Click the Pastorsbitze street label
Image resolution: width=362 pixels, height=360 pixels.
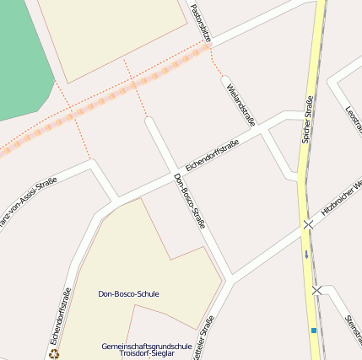pyautogui.click(x=201, y=23)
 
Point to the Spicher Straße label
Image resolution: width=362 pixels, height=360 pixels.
pyautogui.click(x=307, y=118)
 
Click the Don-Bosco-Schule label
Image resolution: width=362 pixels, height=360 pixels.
pyautogui.click(x=128, y=293)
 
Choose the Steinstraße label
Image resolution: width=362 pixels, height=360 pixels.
pyautogui.click(x=352, y=330)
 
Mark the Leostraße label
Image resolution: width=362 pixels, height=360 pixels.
pyautogui.click(x=354, y=119)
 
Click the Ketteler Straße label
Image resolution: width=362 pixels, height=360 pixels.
pyautogui.click(x=203, y=337)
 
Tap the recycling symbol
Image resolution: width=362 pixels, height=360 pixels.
pyautogui.click(x=55, y=354)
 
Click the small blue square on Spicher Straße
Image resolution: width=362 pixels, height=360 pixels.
pyautogui.click(x=313, y=330)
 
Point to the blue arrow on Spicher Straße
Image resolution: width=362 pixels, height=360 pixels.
pyautogui.click(x=307, y=253)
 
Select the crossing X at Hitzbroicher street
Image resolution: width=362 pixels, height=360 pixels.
pyautogui.click(x=309, y=224)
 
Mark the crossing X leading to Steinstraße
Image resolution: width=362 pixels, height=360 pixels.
pyautogui.click(x=316, y=290)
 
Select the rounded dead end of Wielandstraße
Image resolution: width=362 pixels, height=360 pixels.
pyautogui.click(x=226, y=81)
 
